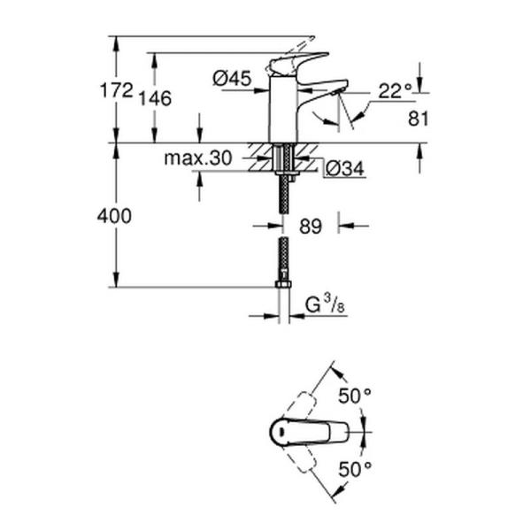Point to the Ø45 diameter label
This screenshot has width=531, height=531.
pyautogui.click(x=233, y=79)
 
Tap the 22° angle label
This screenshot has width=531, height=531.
pyautogui.click(x=395, y=90)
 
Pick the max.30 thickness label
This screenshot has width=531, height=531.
pyautogui.click(x=197, y=158)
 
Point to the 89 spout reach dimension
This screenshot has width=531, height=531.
pyautogui.click(x=310, y=227)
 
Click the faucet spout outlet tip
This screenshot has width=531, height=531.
pyautogui.click(x=340, y=89)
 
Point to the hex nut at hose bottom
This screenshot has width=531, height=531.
pyautogui.click(x=283, y=283)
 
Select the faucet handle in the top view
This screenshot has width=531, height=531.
pyautogui.click(x=301, y=432)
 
